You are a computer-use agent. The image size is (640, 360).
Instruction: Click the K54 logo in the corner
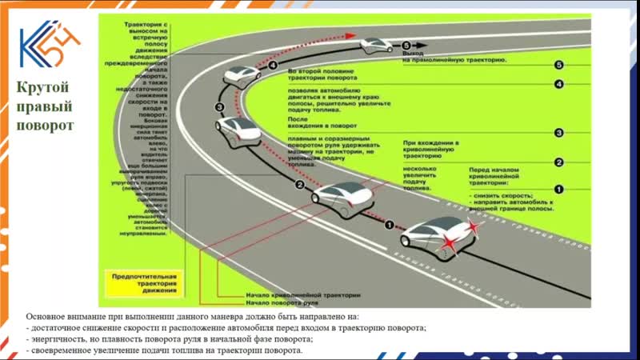tap(49, 49)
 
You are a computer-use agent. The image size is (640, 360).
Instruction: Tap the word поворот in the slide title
tap(49, 126)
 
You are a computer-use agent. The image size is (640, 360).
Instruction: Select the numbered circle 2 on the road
tap(299, 185)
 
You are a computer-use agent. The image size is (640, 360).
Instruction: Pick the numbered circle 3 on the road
tap(219, 106)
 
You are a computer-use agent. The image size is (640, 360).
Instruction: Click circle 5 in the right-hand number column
tap(559, 65)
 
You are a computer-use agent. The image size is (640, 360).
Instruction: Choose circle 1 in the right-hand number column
tap(559, 190)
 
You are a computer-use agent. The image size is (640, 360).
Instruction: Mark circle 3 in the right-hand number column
tap(559, 134)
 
